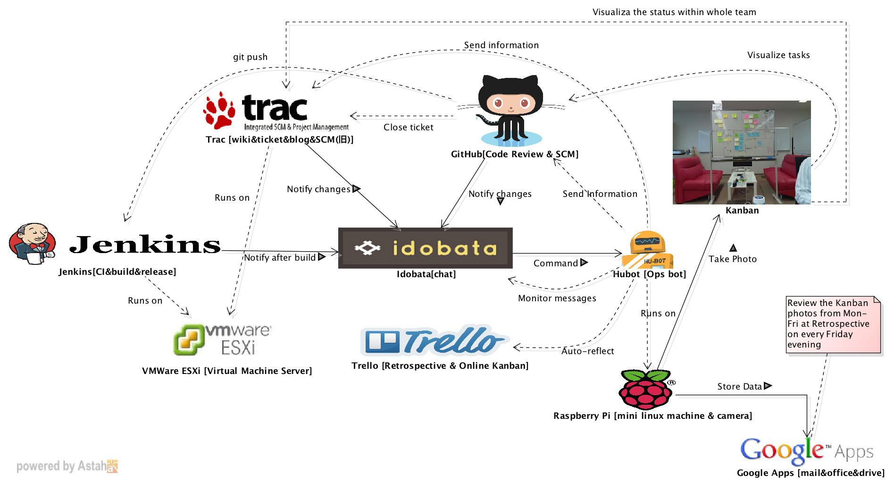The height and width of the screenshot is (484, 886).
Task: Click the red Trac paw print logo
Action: [219, 110]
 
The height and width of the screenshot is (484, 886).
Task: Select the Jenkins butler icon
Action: [32, 244]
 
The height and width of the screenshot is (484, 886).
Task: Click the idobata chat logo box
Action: [425, 248]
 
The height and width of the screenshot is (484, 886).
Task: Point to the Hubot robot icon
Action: [647, 249]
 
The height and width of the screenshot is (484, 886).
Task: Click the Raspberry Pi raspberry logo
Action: [645, 389]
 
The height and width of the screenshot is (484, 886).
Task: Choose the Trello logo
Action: [434, 340]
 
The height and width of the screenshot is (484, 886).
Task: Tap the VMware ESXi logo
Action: [222, 339]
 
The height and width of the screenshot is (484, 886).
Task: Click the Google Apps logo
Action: [806, 450]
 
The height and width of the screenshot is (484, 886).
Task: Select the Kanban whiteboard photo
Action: [742, 152]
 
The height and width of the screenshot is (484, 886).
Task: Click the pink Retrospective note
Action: [833, 324]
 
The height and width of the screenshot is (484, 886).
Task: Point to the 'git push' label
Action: [250, 57]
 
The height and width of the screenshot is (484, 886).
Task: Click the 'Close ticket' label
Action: [408, 127]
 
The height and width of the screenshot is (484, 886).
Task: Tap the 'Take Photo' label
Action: [732, 259]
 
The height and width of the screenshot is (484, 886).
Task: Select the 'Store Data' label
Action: [739, 387]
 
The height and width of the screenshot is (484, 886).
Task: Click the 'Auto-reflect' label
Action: [587, 351]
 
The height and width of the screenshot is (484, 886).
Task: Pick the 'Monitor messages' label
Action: [557, 298]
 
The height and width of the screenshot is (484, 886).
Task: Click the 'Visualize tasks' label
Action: [778, 55]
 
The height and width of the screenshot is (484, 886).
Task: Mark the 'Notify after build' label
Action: [280, 258]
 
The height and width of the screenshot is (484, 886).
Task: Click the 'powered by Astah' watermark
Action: [67, 467]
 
